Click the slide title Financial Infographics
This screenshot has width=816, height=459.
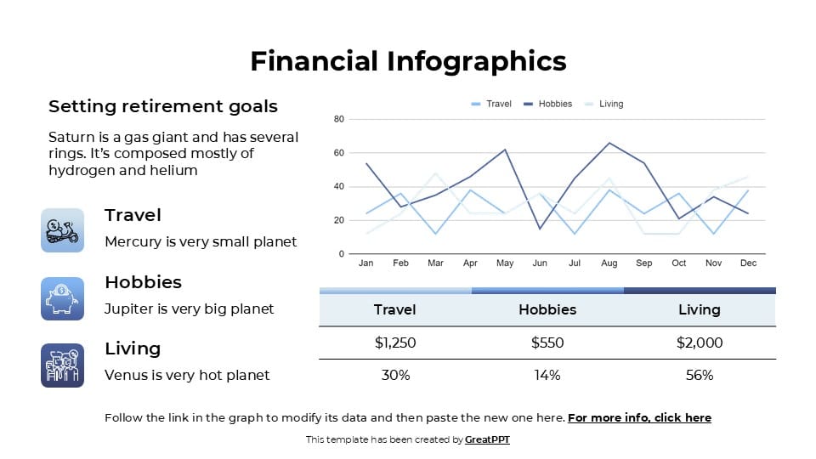408,61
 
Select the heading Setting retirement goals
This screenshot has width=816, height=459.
162,106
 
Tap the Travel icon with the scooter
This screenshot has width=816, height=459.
62,230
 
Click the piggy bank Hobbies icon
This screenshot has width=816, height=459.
62,298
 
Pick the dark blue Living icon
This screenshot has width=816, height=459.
62,365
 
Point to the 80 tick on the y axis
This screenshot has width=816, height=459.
338,119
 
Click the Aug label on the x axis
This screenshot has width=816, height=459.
609,263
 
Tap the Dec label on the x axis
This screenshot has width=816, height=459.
747,263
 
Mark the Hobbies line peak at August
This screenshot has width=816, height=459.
609,143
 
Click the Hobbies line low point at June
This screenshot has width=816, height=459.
540,229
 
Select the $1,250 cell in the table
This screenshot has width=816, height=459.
395,343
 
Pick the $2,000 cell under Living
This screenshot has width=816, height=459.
699,343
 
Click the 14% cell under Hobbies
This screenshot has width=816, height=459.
547,375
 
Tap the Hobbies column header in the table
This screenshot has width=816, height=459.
547,309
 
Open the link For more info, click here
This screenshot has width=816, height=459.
639,417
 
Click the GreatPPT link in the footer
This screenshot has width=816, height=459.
487,439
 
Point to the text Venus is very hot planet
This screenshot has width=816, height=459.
187,375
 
